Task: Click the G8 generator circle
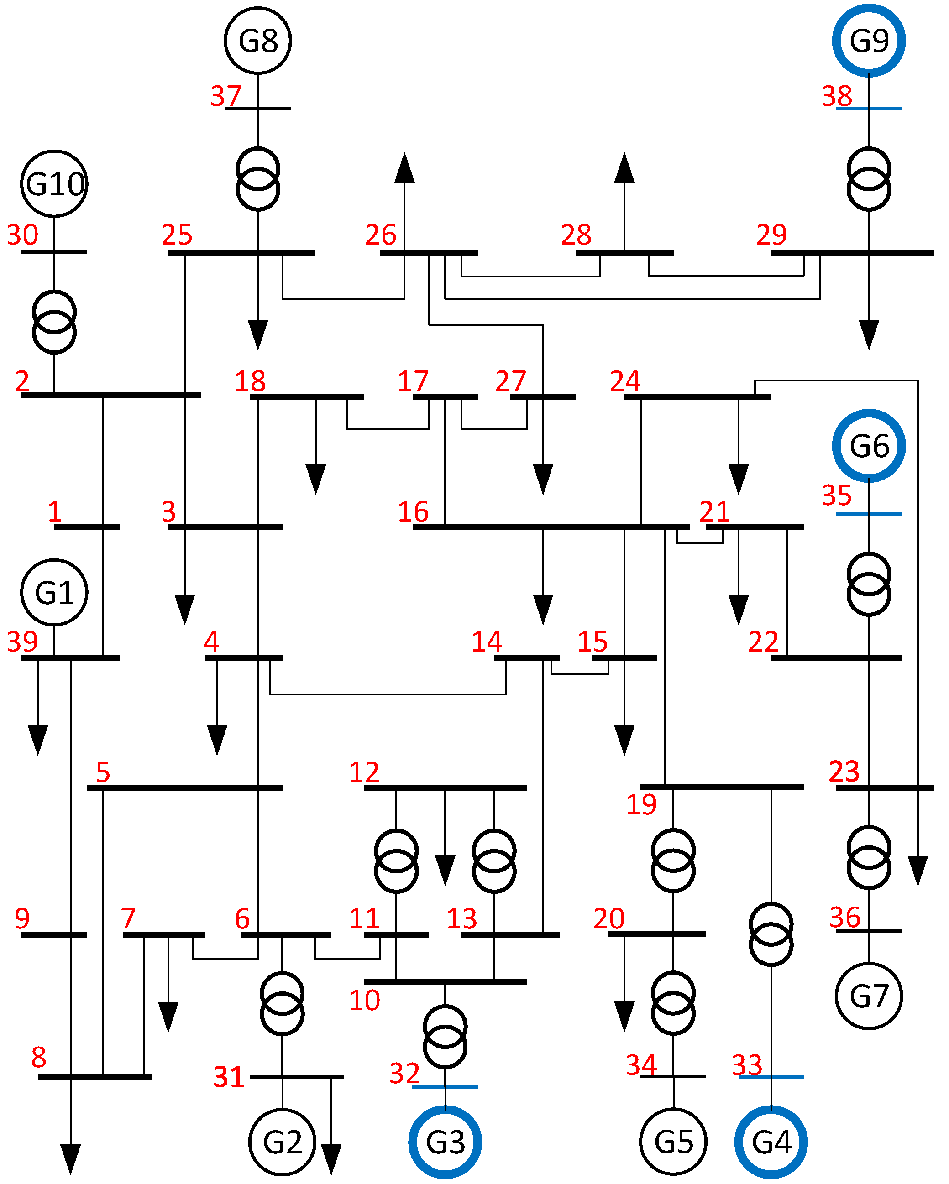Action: click(258, 40)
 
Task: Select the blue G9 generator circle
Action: click(869, 40)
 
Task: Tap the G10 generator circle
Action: click(54, 183)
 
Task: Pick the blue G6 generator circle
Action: click(869, 445)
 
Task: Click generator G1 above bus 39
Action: click(54, 593)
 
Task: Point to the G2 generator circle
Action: click(283, 1142)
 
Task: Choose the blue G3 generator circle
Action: click(445, 1142)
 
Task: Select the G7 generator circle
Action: click(869, 996)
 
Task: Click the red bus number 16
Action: click(413, 512)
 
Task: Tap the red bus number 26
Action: click(381, 235)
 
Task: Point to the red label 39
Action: click(22, 642)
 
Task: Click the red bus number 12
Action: click(364, 772)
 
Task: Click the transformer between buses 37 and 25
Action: click(258, 179)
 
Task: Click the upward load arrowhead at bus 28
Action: click(624, 168)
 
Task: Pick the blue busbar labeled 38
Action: click(869, 109)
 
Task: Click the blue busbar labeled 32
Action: click(445, 1087)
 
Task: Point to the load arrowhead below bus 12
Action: click(445, 870)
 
